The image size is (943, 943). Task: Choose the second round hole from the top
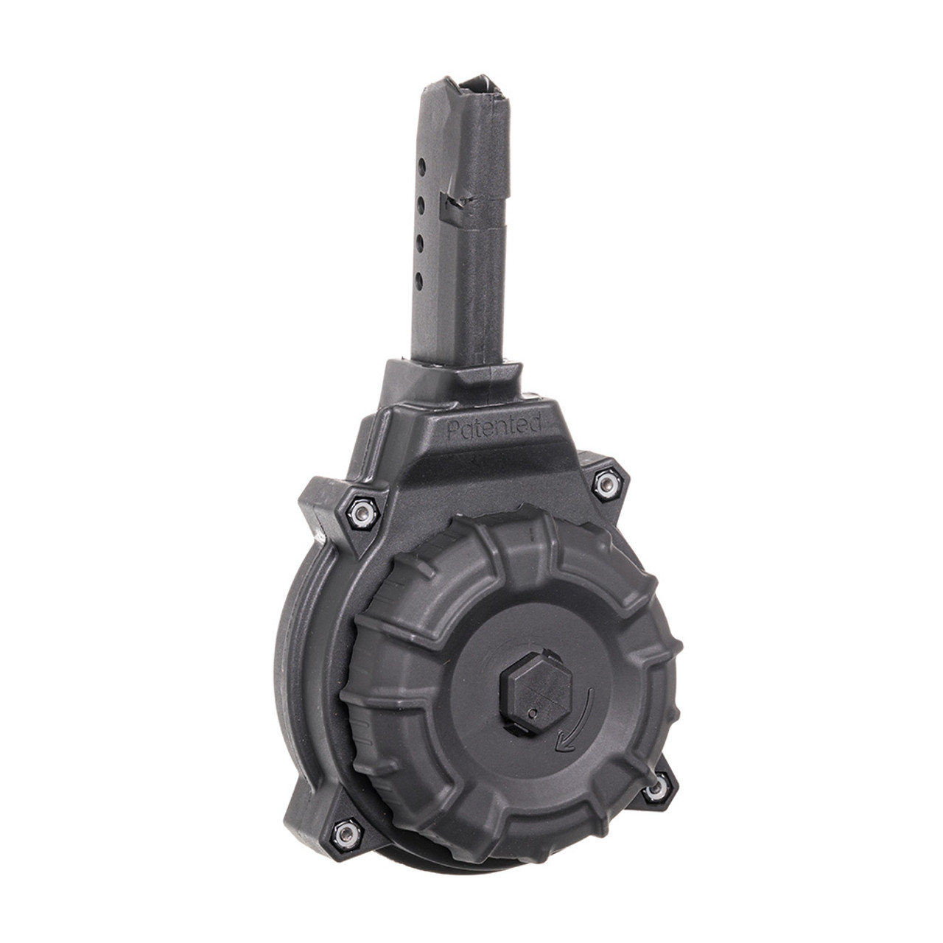[421, 201]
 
